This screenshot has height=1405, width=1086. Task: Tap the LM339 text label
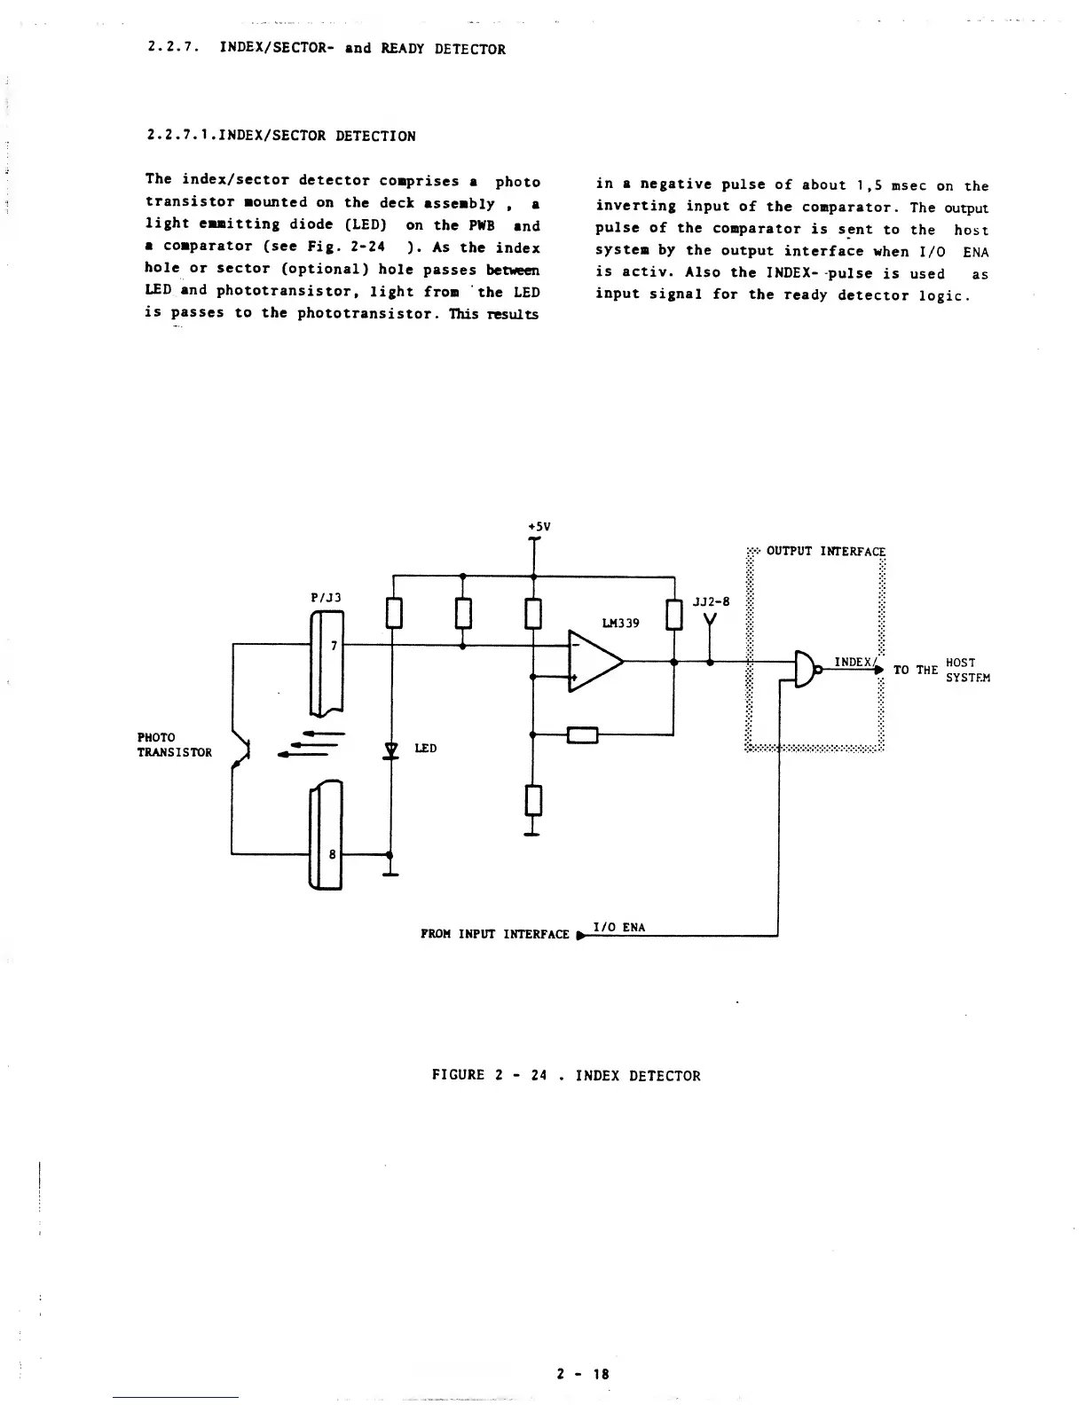coord(620,623)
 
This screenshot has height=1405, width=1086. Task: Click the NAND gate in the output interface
coord(806,670)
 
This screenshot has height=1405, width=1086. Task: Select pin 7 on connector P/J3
coord(333,646)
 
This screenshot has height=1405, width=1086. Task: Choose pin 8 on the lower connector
coord(332,854)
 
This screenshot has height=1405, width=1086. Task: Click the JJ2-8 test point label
coord(711,601)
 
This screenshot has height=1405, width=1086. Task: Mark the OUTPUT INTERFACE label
coord(825,551)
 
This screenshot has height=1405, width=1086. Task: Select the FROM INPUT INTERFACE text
coord(494,934)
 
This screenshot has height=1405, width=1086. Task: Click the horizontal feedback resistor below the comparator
coord(583,734)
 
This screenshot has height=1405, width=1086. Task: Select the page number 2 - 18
coord(583,1374)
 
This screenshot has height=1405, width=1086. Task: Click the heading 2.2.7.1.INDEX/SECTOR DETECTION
coord(280,136)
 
